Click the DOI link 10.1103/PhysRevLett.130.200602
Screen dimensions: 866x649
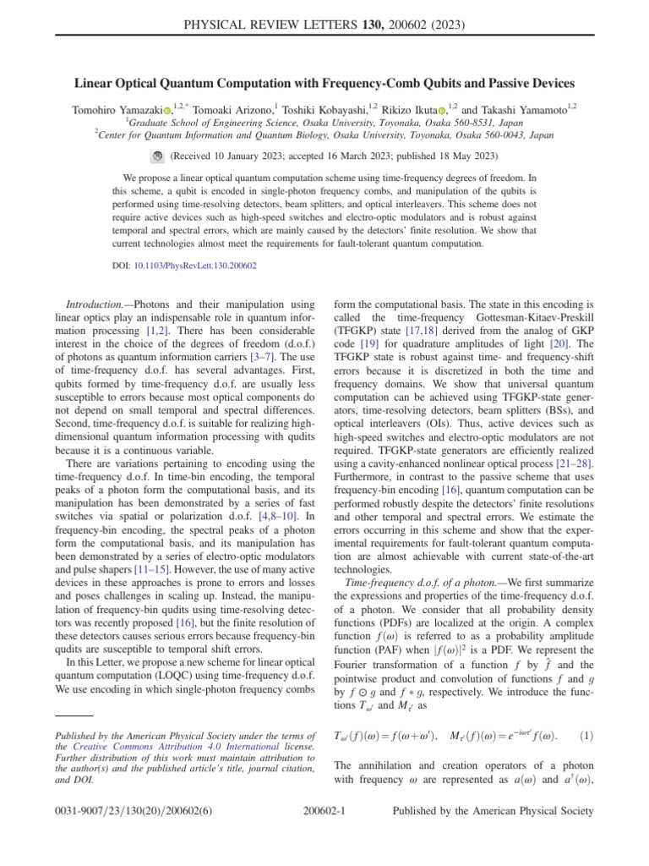coord(209,266)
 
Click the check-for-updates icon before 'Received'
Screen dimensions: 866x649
coord(157,156)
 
